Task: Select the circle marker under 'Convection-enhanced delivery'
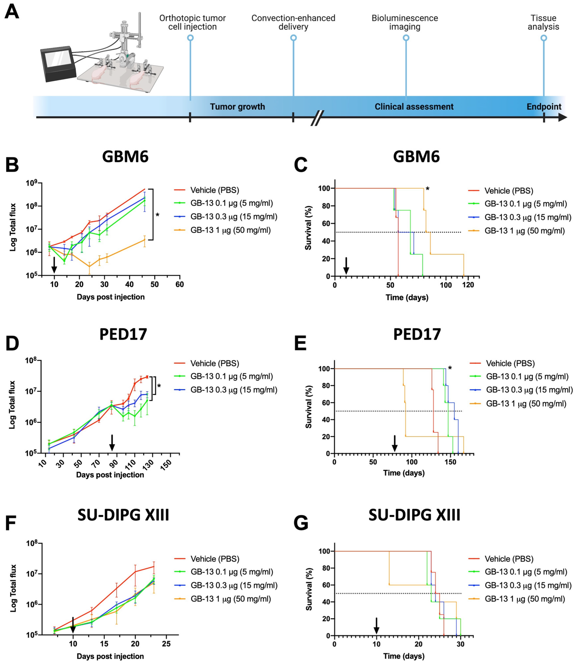[293, 38]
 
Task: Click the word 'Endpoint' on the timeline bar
[544, 107]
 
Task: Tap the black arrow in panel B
[54, 265]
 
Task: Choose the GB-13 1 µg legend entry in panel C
[524, 231]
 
